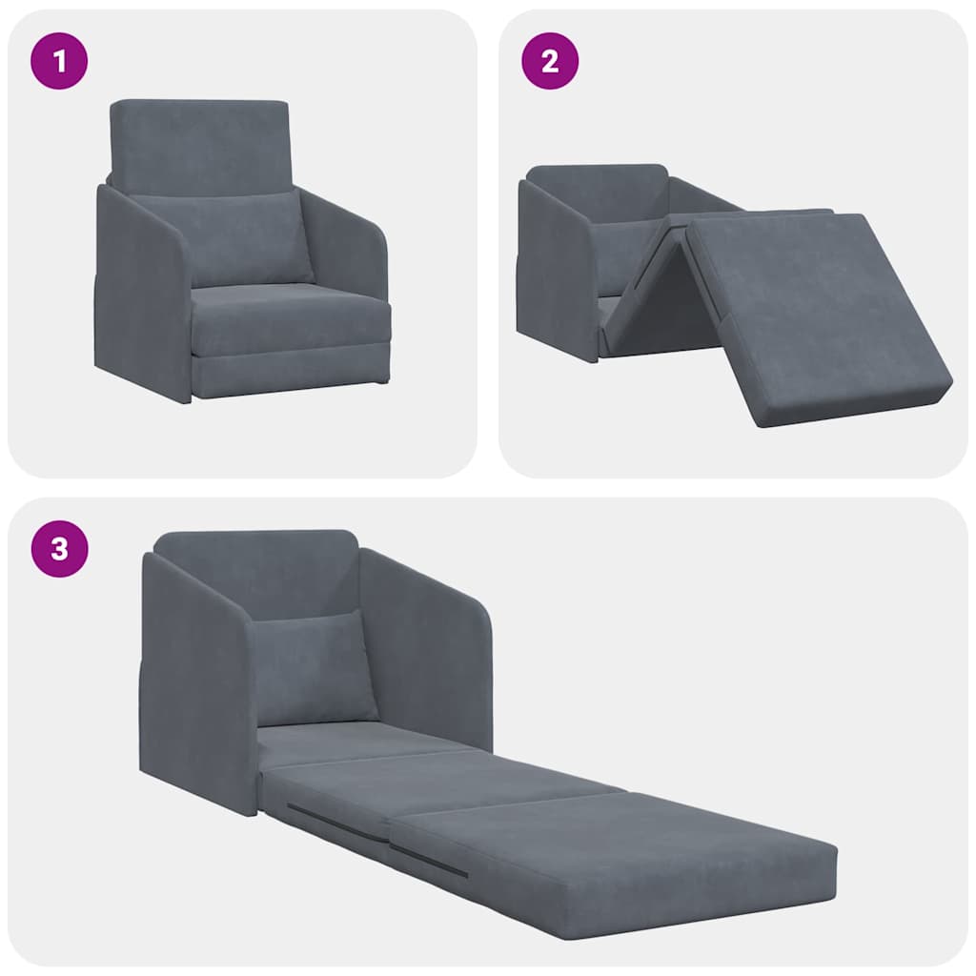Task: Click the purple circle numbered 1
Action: (60, 61)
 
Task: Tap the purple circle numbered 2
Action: (550, 61)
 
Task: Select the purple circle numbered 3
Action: (60, 549)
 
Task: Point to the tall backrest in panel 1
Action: (198, 143)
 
